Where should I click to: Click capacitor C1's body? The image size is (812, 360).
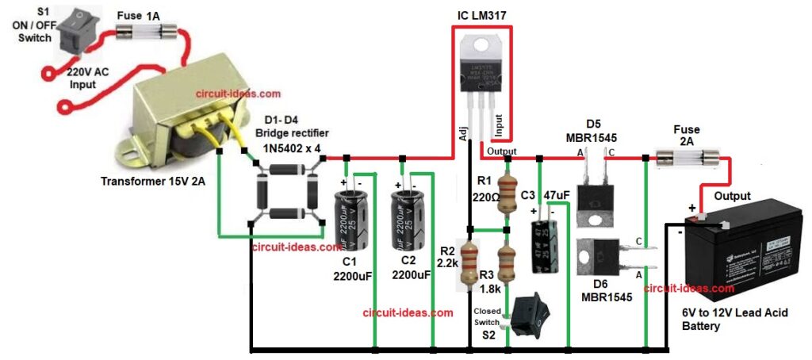350,223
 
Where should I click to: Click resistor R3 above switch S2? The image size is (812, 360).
503,262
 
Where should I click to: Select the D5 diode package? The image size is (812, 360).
594,190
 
